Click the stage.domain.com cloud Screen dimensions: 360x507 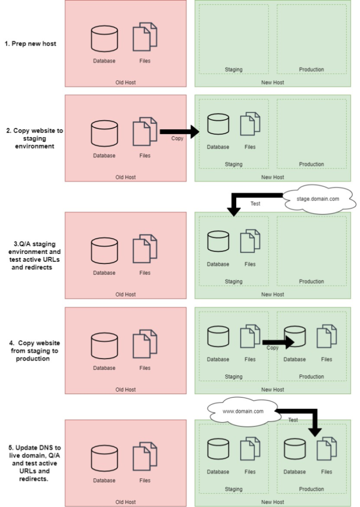tap(318, 199)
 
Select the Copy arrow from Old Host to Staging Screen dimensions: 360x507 tap(180, 132)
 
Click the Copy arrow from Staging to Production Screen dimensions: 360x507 tap(278, 342)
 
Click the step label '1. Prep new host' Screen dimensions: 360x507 tap(30, 44)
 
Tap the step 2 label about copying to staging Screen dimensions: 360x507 tap(35, 139)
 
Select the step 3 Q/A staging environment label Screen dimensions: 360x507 tap(34, 255)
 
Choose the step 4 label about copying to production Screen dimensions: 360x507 tap(35, 351)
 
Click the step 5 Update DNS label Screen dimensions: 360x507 tap(35, 463)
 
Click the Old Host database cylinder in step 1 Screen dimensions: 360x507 tap(104, 39)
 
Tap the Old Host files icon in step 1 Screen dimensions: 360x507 tap(145, 37)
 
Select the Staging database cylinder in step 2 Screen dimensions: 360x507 tap(218, 124)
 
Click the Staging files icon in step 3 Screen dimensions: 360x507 tap(250, 241)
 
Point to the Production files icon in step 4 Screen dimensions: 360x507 tap(327, 336)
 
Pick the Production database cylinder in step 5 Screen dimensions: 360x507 tap(295, 449)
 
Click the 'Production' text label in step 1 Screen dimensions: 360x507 tap(311, 69)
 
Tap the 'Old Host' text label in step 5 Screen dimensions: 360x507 tap(125, 502)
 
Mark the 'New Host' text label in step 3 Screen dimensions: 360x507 tap(273, 294)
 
